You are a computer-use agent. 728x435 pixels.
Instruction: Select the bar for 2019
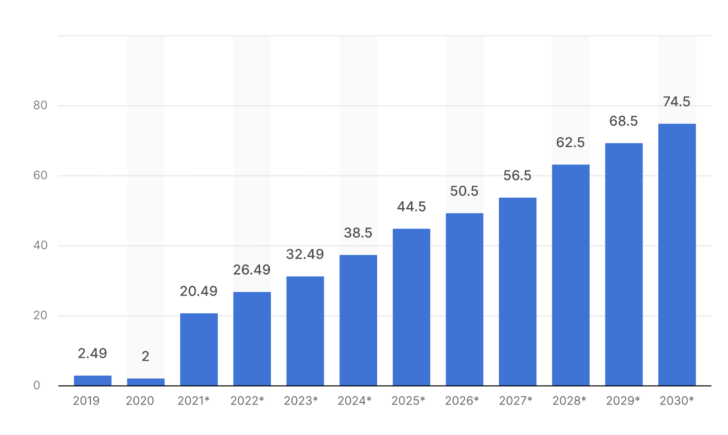tap(92, 380)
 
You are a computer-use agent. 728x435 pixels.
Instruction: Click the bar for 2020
tap(146, 382)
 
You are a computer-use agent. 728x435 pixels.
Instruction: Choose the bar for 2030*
tap(677, 255)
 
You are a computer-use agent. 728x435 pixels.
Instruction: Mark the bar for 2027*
tap(517, 291)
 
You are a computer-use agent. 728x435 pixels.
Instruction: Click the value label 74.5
tap(677, 102)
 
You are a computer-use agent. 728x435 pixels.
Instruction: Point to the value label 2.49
tap(92, 353)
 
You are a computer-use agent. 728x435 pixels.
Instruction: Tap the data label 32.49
tap(305, 254)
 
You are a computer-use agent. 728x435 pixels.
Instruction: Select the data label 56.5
tap(517, 175)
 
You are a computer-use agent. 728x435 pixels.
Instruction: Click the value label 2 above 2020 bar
tap(146, 356)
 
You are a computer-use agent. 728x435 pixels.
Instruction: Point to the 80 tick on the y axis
tap(40, 105)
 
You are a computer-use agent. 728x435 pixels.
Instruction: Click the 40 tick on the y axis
tap(40, 245)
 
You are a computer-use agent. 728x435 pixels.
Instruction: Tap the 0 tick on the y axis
tap(37, 385)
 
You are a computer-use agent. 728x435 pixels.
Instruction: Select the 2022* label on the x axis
tap(247, 400)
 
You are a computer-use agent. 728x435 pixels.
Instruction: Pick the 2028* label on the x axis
tap(569, 400)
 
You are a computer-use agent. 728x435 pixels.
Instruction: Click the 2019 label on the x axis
tap(86, 400)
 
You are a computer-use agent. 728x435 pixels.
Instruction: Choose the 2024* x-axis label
tap(354, 400)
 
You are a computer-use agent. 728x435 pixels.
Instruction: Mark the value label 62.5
tap(570, 143)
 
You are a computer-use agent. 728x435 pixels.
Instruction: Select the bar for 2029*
tap(623, 264)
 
